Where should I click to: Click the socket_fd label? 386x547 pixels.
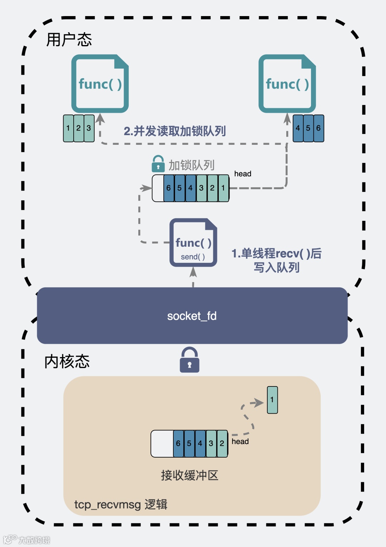pos(192,316)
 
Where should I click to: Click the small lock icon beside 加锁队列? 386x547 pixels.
pos(158,164)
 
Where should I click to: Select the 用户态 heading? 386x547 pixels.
pos(69,39)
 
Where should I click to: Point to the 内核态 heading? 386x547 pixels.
pos(67,361)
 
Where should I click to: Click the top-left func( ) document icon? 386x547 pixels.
pos(100,84)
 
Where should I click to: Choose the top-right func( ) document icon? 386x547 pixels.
pos(287,84)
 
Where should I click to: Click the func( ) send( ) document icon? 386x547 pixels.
pos(193,243)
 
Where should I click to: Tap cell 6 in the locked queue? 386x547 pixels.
pos(169,188)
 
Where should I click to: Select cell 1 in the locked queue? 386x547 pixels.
pos(223,188)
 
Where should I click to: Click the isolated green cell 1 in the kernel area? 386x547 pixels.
pos(272,400)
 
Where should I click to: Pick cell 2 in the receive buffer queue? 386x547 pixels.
pos(222,443)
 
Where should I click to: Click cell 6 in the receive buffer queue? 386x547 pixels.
pos(178,443)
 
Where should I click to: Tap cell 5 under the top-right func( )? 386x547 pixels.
pos(308,128)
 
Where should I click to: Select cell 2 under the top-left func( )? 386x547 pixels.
pos(79,128)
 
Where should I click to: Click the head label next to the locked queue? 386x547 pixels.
pos(243,174)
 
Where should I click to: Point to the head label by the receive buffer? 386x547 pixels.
pos(240,442)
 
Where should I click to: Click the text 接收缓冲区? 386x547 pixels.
pos(189,475)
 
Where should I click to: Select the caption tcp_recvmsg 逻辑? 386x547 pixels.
pos(121,504)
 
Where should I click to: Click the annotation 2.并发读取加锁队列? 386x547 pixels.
pos(175,131)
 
